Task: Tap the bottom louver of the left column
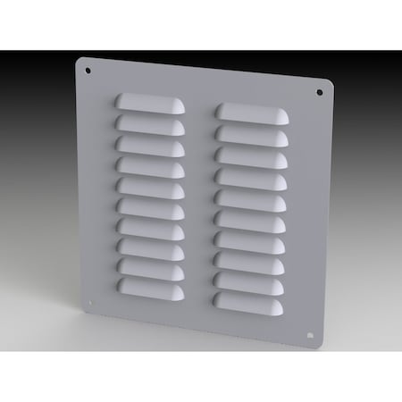148,288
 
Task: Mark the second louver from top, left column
150,122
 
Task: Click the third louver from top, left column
150,144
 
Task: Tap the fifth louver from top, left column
149,186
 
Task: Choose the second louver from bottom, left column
148,267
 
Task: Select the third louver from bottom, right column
249,264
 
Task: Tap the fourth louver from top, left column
150,165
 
